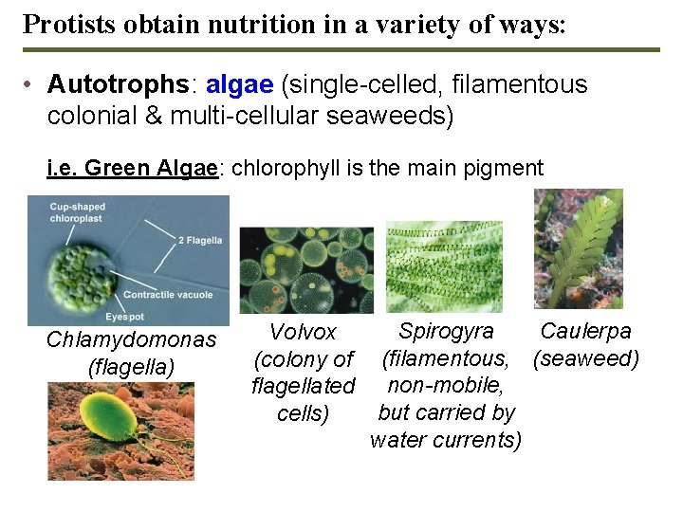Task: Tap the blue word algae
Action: (x=239, y=85)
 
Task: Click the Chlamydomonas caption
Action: (x=131, y=339)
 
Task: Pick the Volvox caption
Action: (x=303, y=333)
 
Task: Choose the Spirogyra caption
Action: (x=446, y=331)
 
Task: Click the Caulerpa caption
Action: (x=585, y=331)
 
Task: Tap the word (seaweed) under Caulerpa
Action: (x=585, y=358)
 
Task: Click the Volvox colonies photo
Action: (x=306, y=270)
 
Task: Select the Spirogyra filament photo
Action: (x=444, y=266)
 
